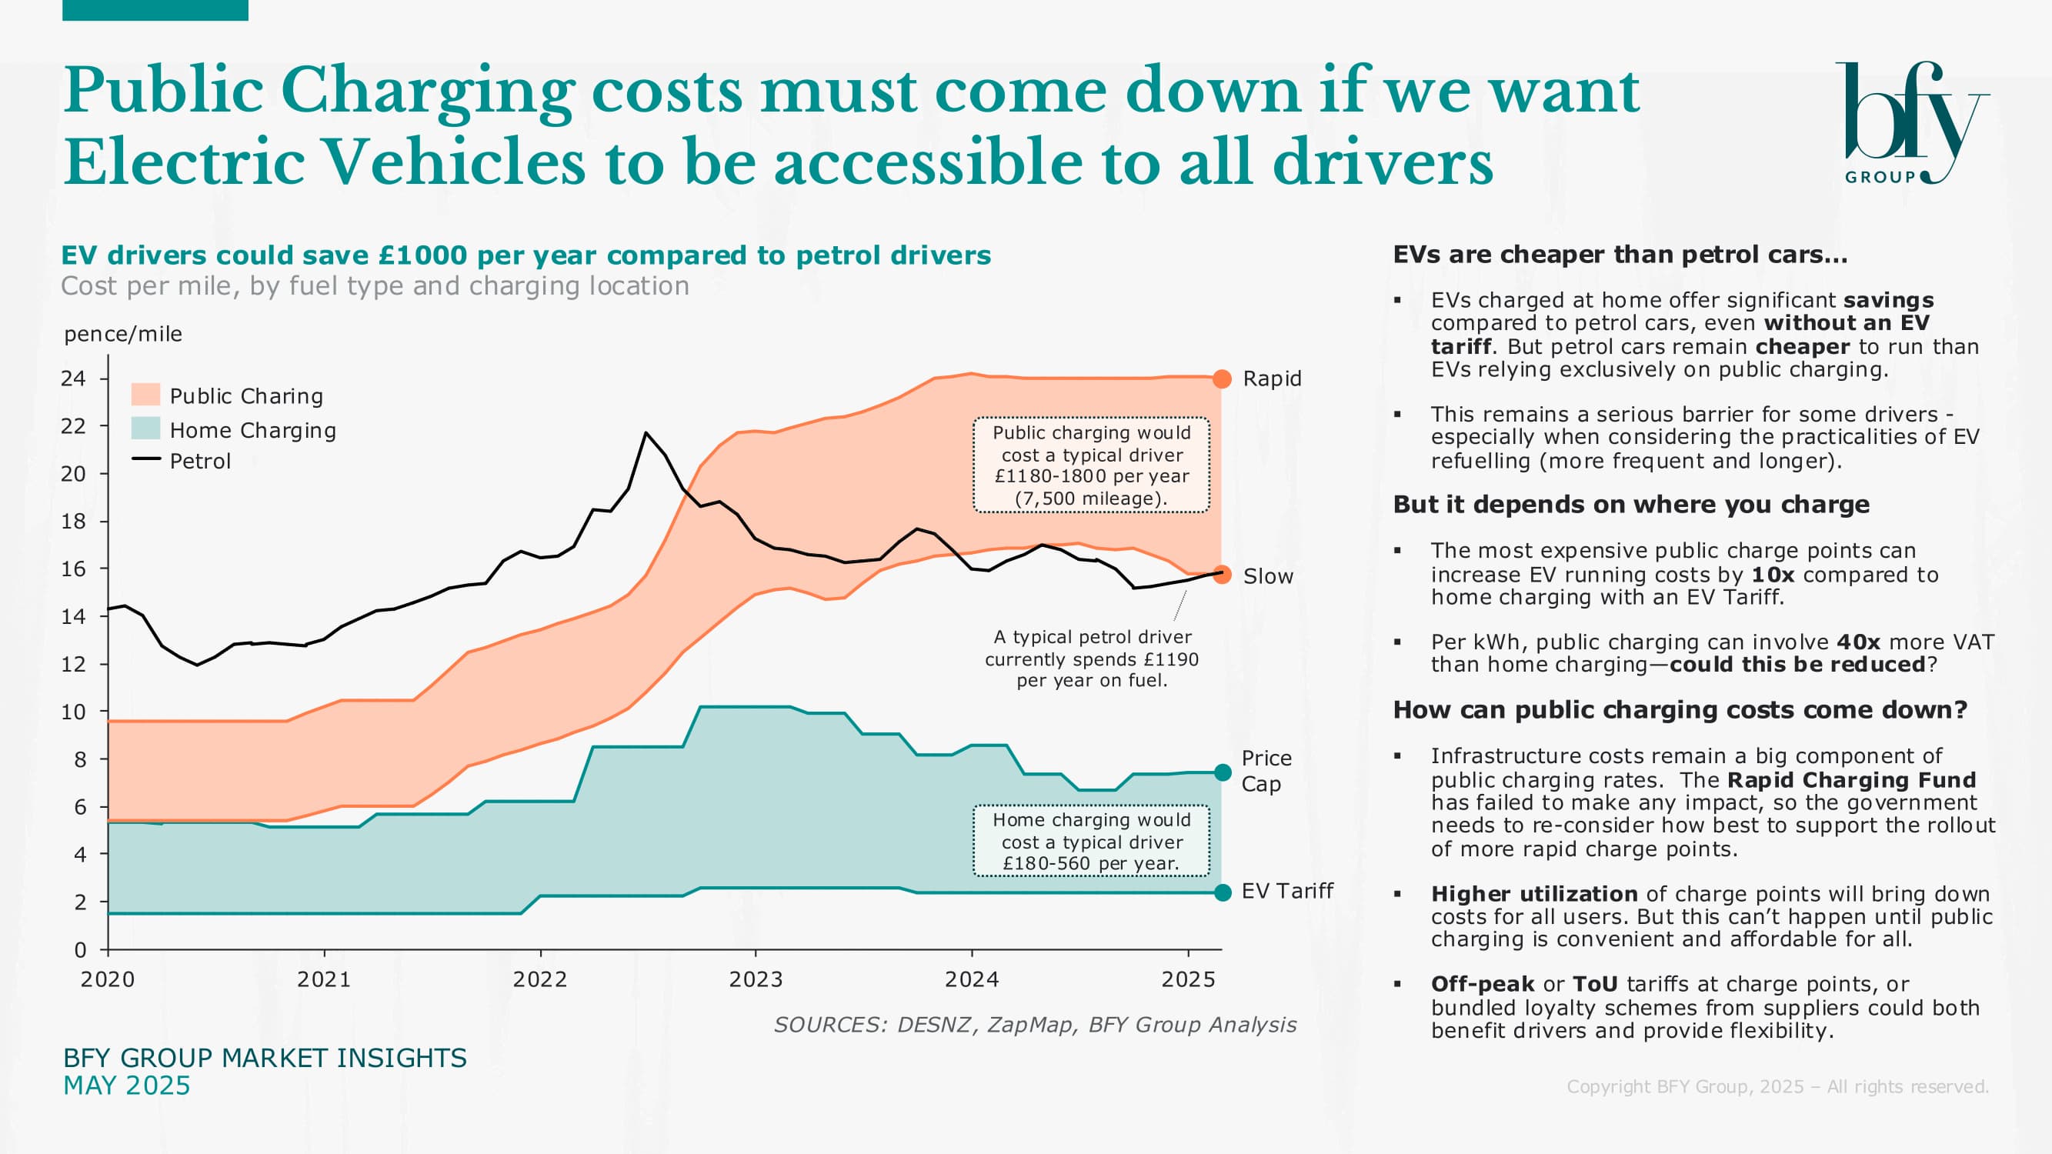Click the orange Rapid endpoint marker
pos(1222,379)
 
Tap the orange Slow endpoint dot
pos(1222,574)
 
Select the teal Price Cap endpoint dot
pos(1223,772)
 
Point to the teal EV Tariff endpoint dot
pos(1223,892)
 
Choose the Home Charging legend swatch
pos(145,429)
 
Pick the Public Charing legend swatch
pos(145,394)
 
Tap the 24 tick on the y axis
pos(73,379)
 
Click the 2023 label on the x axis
pos(755,979)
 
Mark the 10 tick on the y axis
pos(73,712)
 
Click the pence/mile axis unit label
pos(122,334)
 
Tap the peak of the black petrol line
pos(646,433)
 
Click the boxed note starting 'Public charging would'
pos(1091,465)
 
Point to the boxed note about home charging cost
pos(1091,841)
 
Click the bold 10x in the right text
pos(1773,575)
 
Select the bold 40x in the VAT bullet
pos(1858,642)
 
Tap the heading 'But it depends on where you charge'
pos(1630,505)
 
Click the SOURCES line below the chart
pos(1035,1024)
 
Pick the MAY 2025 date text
pos(127,1086)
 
